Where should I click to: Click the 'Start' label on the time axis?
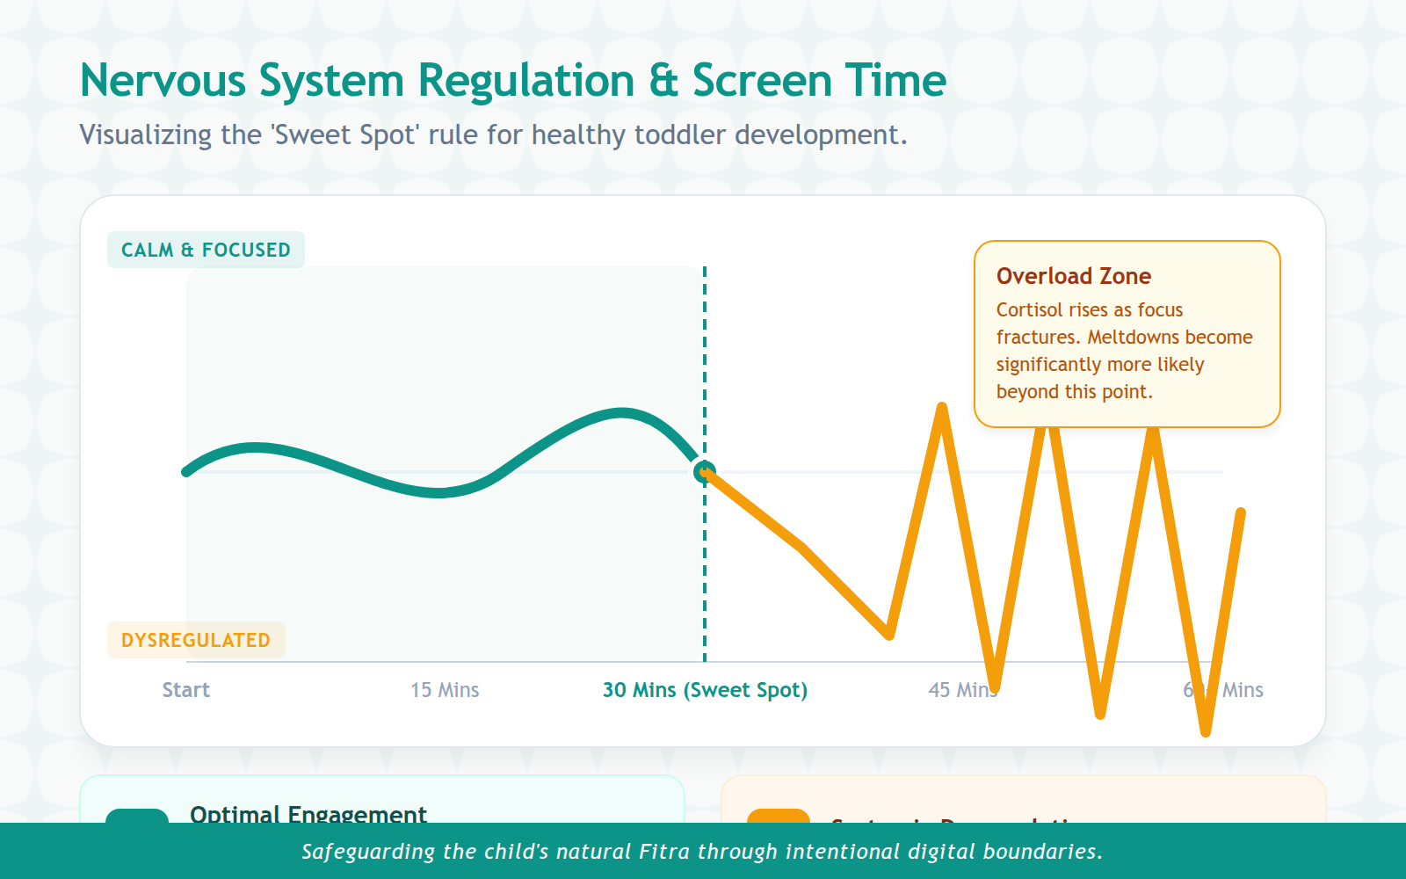185,690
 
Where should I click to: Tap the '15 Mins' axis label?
445,690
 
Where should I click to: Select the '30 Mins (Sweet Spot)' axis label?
705,690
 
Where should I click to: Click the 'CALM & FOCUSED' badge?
206,250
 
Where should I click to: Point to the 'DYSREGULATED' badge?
196,640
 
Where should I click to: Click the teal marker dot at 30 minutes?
704,473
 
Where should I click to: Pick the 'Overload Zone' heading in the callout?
1074,276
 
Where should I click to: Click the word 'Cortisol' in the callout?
1029,310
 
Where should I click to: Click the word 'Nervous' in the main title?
163,81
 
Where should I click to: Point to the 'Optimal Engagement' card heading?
308,814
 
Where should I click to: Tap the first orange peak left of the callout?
942,408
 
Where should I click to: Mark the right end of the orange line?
1240,512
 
